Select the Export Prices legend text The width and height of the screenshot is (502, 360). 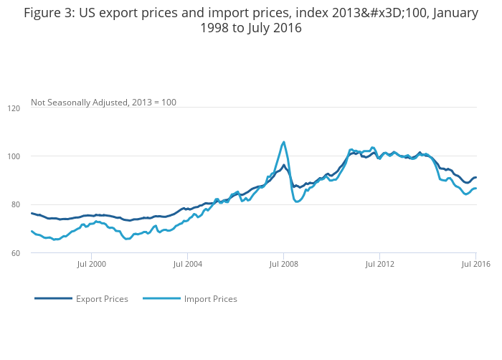[x=102, y=299]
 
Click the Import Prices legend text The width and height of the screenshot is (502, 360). [x=210, y=299]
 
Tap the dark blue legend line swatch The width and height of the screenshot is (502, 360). [x=53, y=299]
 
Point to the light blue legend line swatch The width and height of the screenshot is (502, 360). [x=161, y=299]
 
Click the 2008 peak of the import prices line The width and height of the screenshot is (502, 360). [x=283, y=142]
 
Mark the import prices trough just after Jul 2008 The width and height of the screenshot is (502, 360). [x=297, y=202]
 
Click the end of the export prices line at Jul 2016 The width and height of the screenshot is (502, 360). [x=475, y=177]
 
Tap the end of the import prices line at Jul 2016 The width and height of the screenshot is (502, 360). [x=475, y=189]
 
